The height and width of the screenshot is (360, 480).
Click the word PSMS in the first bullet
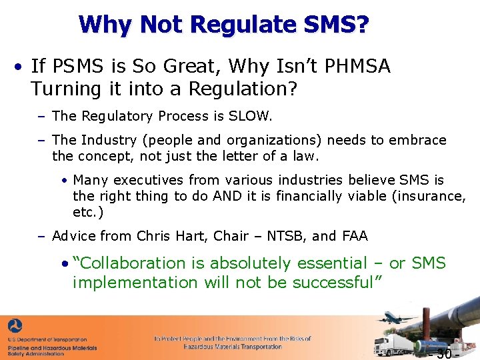pos(71,67)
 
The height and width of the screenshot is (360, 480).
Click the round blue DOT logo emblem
pos(15,327)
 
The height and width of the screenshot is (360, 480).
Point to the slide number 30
pos(443,353)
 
